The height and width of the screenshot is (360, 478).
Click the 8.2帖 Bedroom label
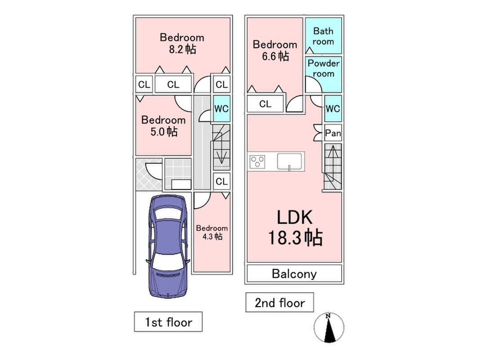pyautogui.click(x=182, y=43)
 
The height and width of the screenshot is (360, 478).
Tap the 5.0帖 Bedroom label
pyautogui.click(x=163, y=126)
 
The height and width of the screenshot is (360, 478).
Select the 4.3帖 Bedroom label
pyautogui.click(x=211, y=232)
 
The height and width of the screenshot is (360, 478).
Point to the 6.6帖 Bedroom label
pyautogui.click(x=275, y=50)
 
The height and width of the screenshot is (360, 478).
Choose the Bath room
pyautogui.click(x=323, y=36)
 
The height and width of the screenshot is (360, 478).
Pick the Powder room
pyautogui.click(x=323, y=68)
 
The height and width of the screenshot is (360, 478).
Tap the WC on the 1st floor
pyautogui.click(x=221, y=108)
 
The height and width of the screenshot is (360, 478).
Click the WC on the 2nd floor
pyautogui.click(x=333, y=108)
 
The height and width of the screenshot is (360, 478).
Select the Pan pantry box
pyautogui.click(x=333, y=133)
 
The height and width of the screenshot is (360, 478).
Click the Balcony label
pyautogui.click(x=295, y=274)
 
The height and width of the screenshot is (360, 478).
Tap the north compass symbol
pyautogui.click(x=329, y=328)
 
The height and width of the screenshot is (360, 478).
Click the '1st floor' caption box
pyautogui.click(x=168, y=322)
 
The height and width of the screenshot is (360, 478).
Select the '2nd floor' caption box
pyautogui.click(x=279, y=302)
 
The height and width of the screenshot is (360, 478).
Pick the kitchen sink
pyautogui.click(x=290, y=161)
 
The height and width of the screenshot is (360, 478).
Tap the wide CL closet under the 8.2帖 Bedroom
pyautogui.click(x=173, y=84)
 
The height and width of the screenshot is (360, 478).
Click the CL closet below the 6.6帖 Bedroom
pyautogui.click(x=265, y=104)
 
